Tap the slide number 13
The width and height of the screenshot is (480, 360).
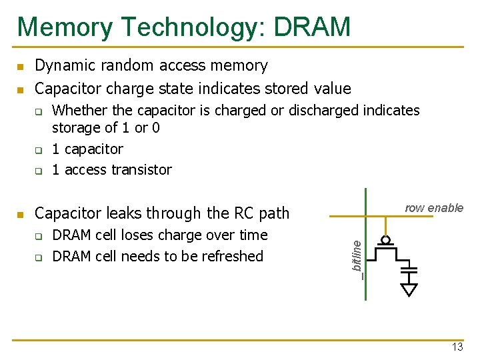click(457, 347)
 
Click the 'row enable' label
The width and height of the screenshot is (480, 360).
click(434, 208)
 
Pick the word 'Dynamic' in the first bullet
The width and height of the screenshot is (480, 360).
click(62, 65)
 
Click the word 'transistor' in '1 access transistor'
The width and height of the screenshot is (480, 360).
click(142, 170)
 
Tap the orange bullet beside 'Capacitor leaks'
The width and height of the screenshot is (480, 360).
click(21, 215)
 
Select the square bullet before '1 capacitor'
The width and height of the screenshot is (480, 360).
click(39, 150)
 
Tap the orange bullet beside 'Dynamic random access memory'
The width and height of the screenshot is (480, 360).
click(21, 67)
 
